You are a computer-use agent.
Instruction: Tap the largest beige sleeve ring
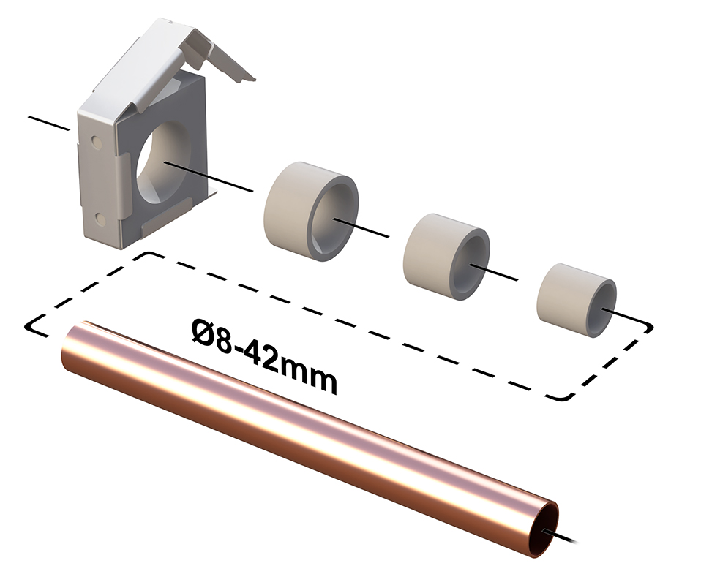click(311, 211)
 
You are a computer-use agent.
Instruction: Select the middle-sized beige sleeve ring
click(446, 257)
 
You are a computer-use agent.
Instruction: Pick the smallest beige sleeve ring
click(577, 300)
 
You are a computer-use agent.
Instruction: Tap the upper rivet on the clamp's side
click(96, 143)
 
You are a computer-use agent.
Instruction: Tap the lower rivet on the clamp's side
click(101, 219)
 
